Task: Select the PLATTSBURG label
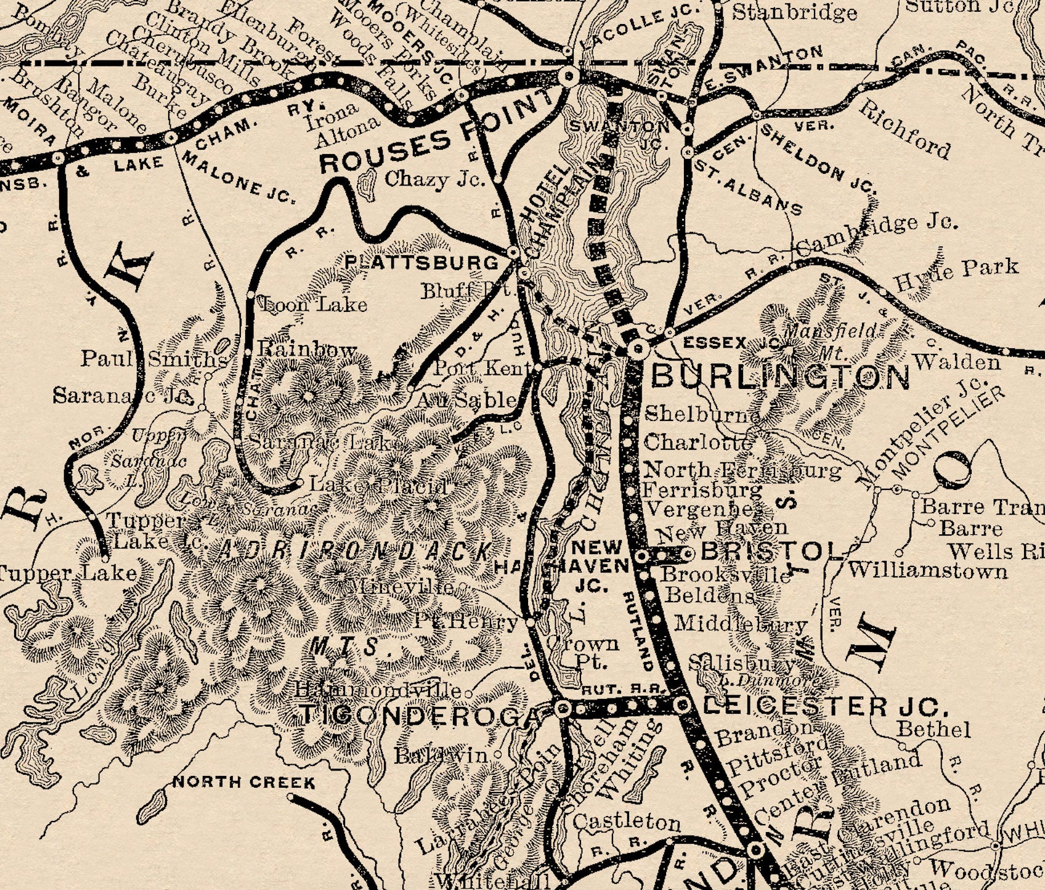[x=421, y=263]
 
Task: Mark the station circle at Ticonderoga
[x=562, y=709]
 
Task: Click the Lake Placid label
[x=378, y=486]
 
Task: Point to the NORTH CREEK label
[x=244, y=783]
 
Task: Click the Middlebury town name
[x=741, y=624]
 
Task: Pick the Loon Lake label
[x=315, y=304]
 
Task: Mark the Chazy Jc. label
[x=434, y=179]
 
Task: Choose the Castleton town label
[x=627, y=822]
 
